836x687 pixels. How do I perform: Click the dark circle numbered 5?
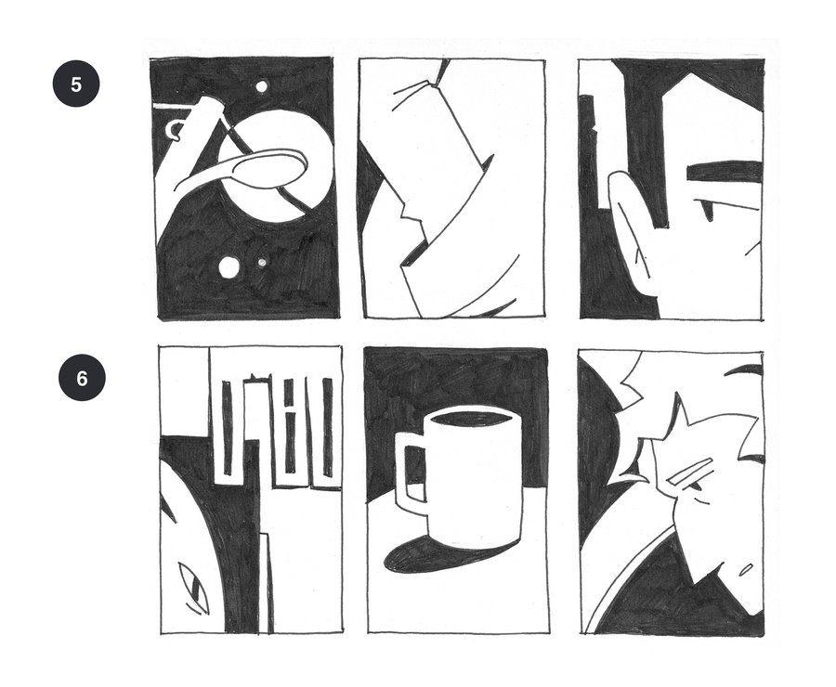pyautogui.click(x=76, y=84)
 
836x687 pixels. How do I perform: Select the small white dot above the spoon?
pyautogui.click(x=262, y=86)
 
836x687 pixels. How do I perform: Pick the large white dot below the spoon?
pyautogui.click(x=229, y=267)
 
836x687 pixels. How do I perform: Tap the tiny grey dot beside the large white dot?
pyautogui.click(x=261, y=263)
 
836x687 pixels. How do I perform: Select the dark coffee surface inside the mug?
pyautogui.click(x=470, y=419)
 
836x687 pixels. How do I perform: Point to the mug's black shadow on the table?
pyautogui.click(x=426, y=557)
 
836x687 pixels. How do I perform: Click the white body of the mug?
pyautogui.click(x=473, y=480)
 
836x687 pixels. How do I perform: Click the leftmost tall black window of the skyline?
pyautogui.click(x=228, y=427)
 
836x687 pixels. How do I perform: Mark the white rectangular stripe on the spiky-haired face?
pyautogui.click(x=690, y=471)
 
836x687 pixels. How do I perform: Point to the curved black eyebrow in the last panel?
pyautogui.click(x=745, y=369)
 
